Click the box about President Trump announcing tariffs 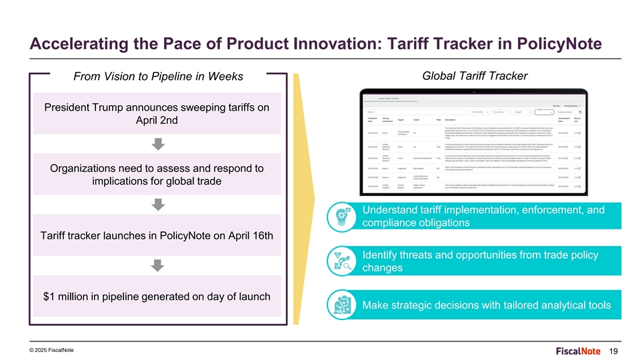pyautogui.click(x=157, y=115)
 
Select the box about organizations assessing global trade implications pyautogui.click(x=157, y=175)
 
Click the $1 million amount pyautogui.click(x=70, y=296)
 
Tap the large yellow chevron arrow pyautogui.click(x=304, y=200)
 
